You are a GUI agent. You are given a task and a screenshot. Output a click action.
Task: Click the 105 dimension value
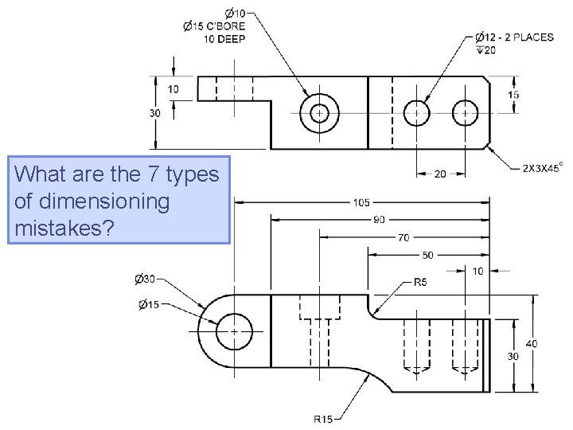(361, 202)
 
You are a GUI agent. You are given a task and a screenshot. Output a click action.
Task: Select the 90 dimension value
(380, 220)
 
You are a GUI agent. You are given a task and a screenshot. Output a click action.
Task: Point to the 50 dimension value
(427, 255)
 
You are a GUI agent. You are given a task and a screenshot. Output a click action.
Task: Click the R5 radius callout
(421, 282)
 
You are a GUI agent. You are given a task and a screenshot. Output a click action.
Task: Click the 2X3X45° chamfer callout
(543, 168)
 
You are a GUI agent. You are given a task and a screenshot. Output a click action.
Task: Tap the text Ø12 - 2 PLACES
(514, 37)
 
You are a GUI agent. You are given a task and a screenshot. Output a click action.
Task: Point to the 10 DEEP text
(226, 38)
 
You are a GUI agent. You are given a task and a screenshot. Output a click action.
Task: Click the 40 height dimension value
(531, 343)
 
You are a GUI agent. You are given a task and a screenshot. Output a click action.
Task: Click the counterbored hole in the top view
(320, 113)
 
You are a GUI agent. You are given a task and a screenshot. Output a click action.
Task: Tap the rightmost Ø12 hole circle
(464, 113)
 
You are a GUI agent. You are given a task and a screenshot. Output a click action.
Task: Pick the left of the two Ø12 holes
(416, 113)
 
